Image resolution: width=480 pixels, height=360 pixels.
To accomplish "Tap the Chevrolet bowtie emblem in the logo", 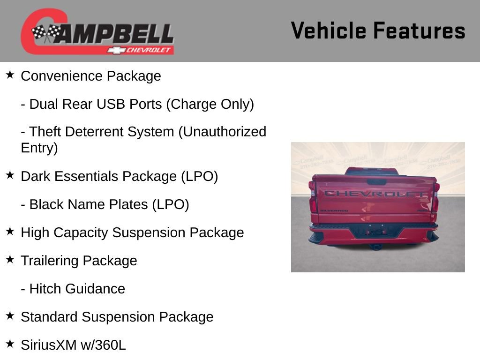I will pyautogui.click(x=115, y=50).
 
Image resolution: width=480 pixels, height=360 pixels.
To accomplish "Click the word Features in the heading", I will pyautogui.click(x=420, y=31).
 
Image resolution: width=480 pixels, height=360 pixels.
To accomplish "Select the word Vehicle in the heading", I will pyautogui.click(x=328, y=31).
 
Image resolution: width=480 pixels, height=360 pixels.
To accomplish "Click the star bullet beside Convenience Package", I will pyautogui.click(x=10, y=75).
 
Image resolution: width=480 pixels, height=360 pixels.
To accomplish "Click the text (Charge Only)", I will pyautogui.click(x=210, y=104).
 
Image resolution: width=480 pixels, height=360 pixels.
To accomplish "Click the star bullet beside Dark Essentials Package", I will pyautogui.click(x=10, y=175).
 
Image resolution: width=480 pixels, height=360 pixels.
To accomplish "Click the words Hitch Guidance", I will pyautogui.click(x=77, y=289).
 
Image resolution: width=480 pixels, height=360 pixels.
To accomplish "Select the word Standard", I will pyautogui.click(x=50, y=317).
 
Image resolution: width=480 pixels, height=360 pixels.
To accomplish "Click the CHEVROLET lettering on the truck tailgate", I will pyautogui.click(x=375, y=194).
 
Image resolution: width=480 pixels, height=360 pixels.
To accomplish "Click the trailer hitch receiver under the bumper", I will pyautogui.click(x=375, y=246).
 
